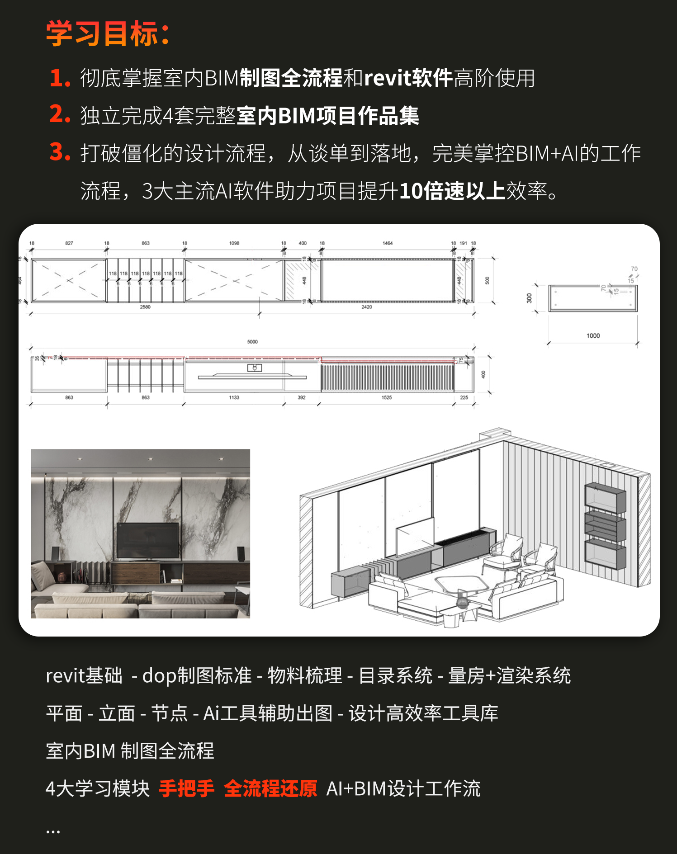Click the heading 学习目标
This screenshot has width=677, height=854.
pyautogui.click(x=108, y=33)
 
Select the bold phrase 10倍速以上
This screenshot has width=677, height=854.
pyautogui.click(x=452, y=191)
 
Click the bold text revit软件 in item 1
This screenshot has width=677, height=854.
pyautogui.click(x=408, y=78)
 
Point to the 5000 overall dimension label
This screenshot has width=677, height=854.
pyautogui.click(x=252, y=342)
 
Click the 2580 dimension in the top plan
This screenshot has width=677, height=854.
pyautogui.click(x=145, y=307)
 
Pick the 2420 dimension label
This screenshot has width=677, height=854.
pyautogui.click(x=367, y=307)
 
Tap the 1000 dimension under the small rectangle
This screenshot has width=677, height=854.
pyautogui.click(x=593, y=336)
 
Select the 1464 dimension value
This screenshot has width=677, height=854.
pyautogui.click(x=388, y=243)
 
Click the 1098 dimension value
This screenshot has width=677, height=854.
pyautogui.click(x=234, y=243)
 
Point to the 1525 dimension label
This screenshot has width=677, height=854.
pyautogui.click(x=387, y=398)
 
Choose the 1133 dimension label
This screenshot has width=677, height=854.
pyautogui.click(x=234, y=398)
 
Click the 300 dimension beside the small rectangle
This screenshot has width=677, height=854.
pyautogui.click(x=529, y=298)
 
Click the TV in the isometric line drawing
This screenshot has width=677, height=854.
pyautogui.click(x=415, y=537)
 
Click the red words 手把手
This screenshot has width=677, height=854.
pyautogui.click(x=186, y=788)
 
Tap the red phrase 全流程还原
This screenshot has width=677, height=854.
pyautogui.click(x=270, y=788)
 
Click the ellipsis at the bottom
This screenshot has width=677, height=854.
pyautogui.click(x=53, y=831)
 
